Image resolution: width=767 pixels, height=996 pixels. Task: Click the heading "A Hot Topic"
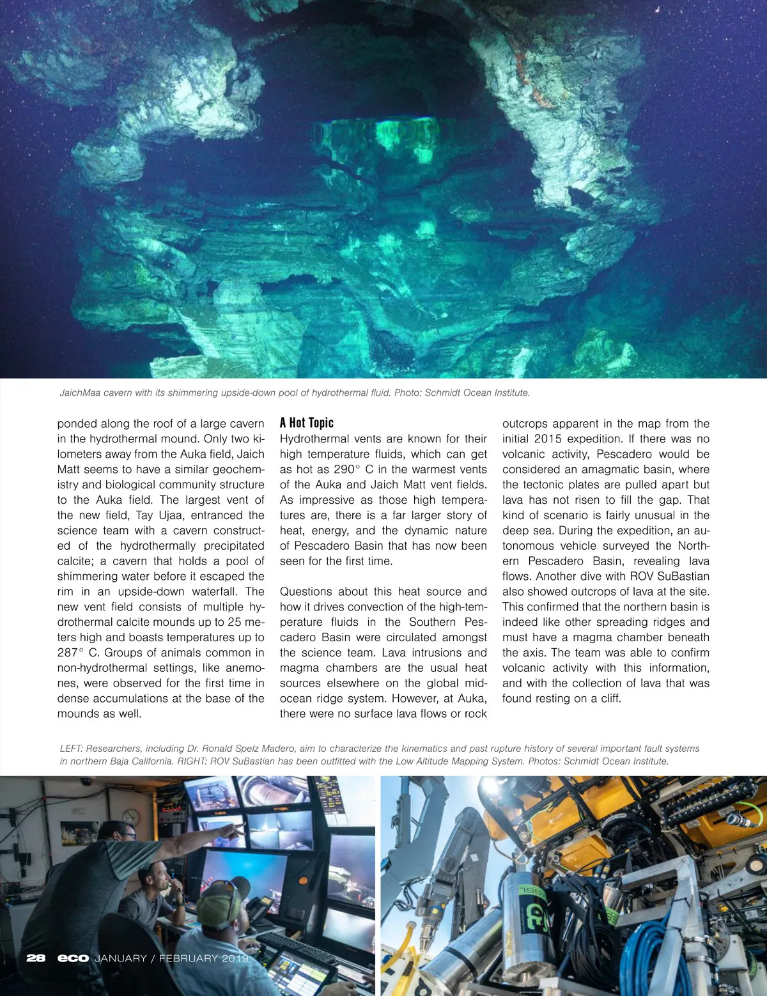(x=307, y=423)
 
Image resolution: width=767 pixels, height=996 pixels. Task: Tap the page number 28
(x=36, y=958)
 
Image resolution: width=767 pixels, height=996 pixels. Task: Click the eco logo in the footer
(x=73, y=958)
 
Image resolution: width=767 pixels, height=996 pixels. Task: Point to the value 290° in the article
(x=348, y=469)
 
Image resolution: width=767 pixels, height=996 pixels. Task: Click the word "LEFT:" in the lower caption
(x=71, y=748)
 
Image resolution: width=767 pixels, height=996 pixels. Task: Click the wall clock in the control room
(x=131, y=817)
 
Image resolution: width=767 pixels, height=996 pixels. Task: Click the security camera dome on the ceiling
(x=86, y=781)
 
